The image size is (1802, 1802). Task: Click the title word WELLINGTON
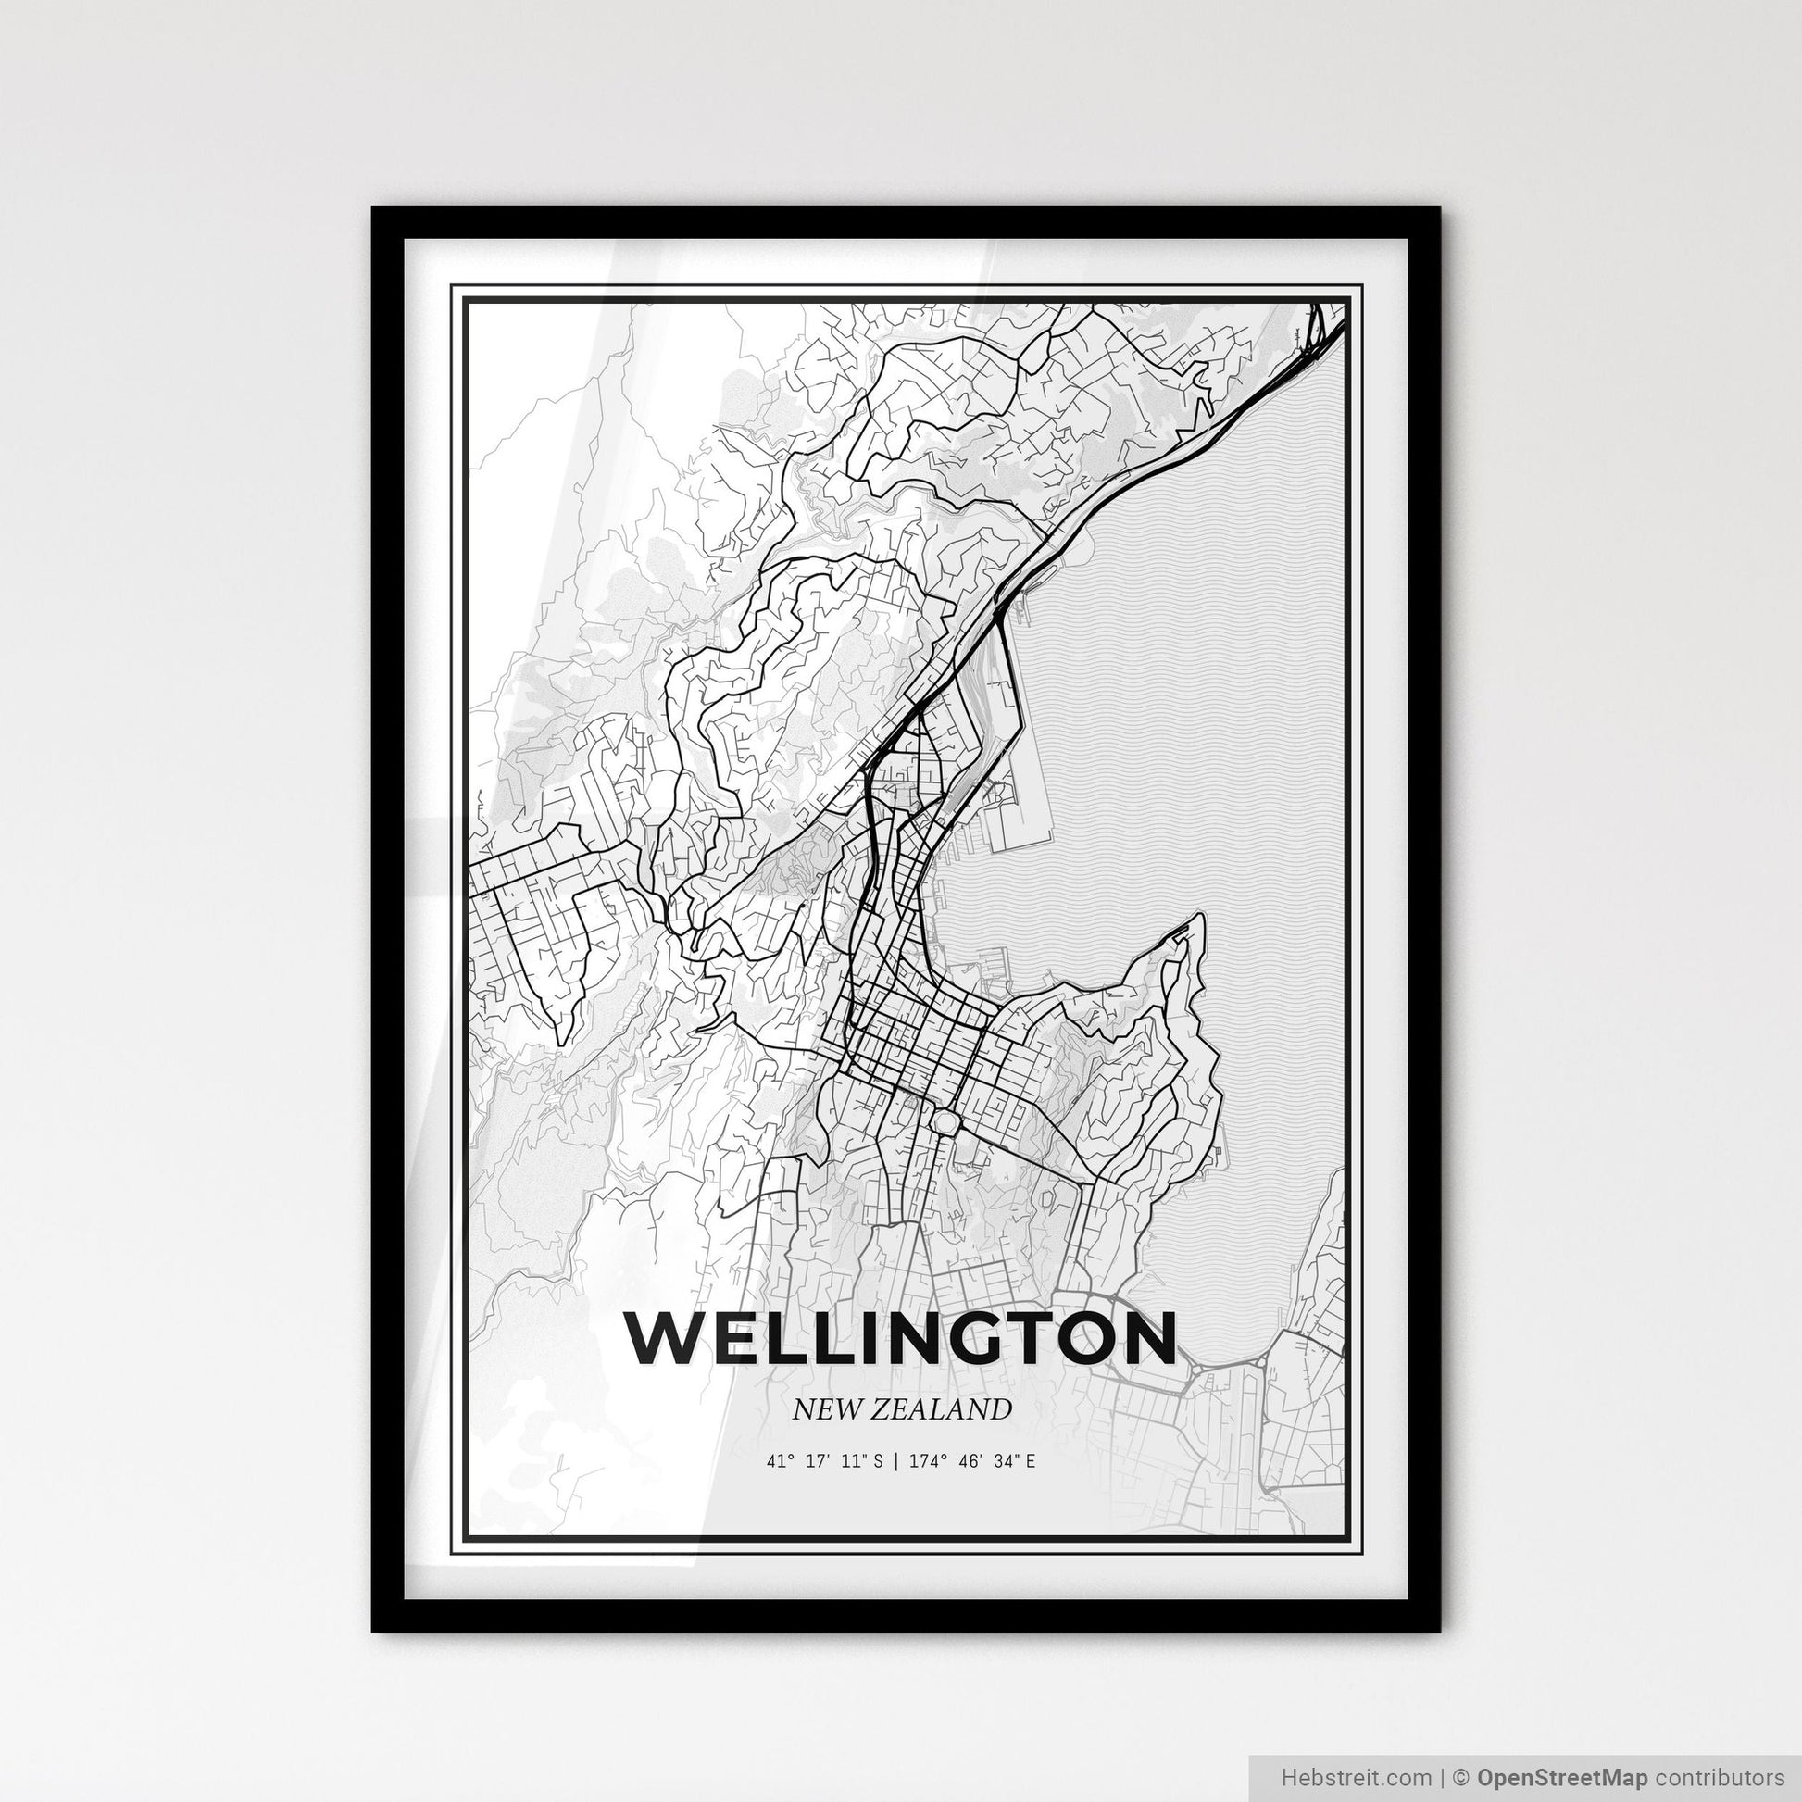[901, 1340]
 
